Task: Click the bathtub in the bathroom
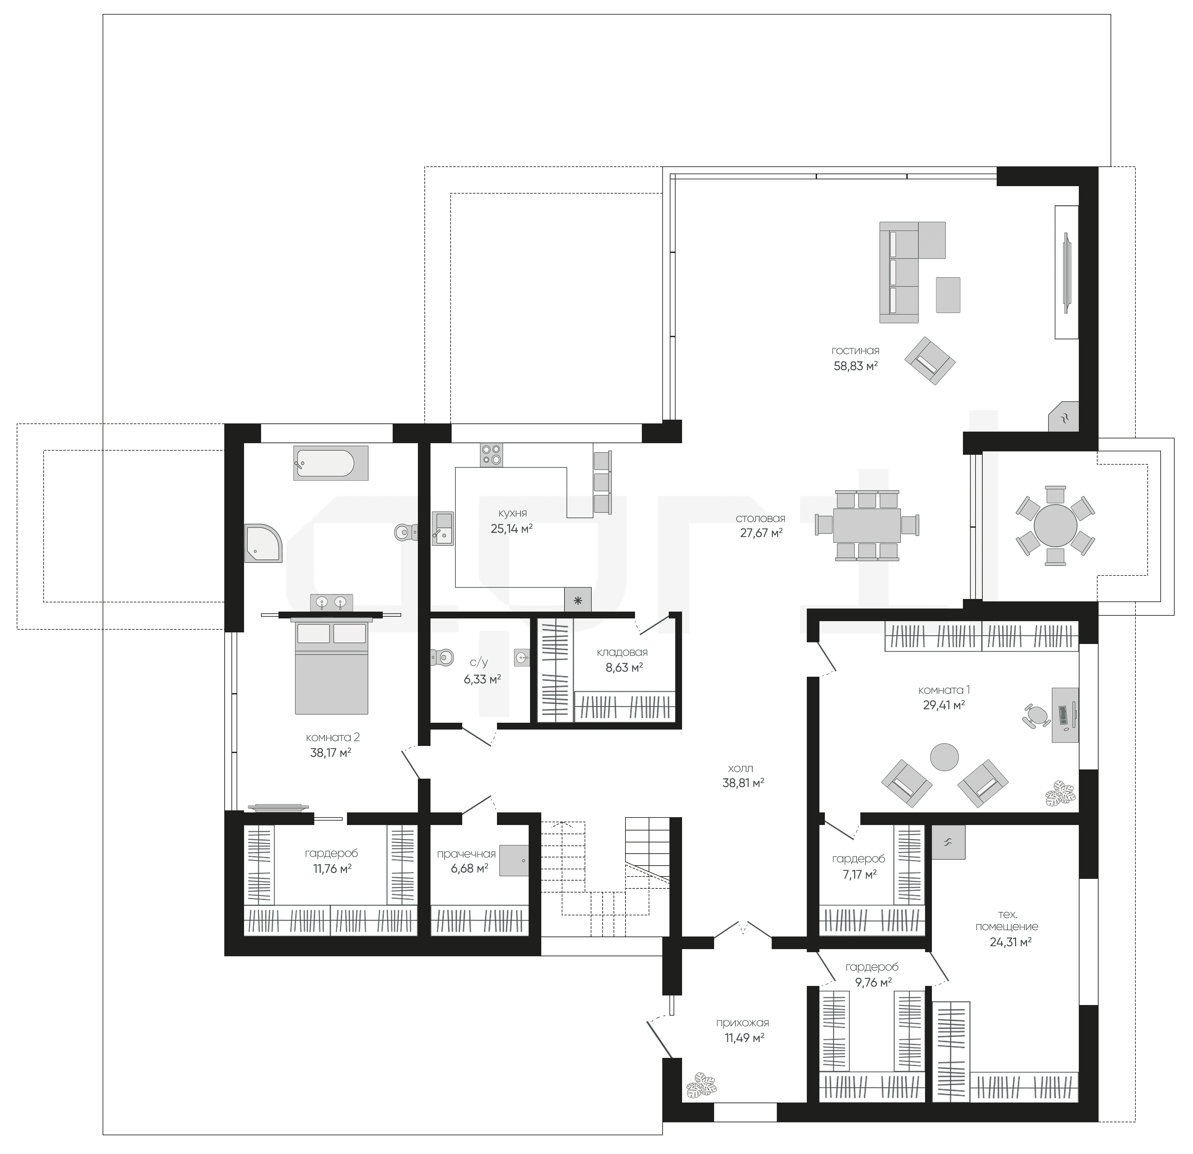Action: pos(331,463)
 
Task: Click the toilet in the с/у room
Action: pos(442,657)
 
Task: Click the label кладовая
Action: pos(622,652)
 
